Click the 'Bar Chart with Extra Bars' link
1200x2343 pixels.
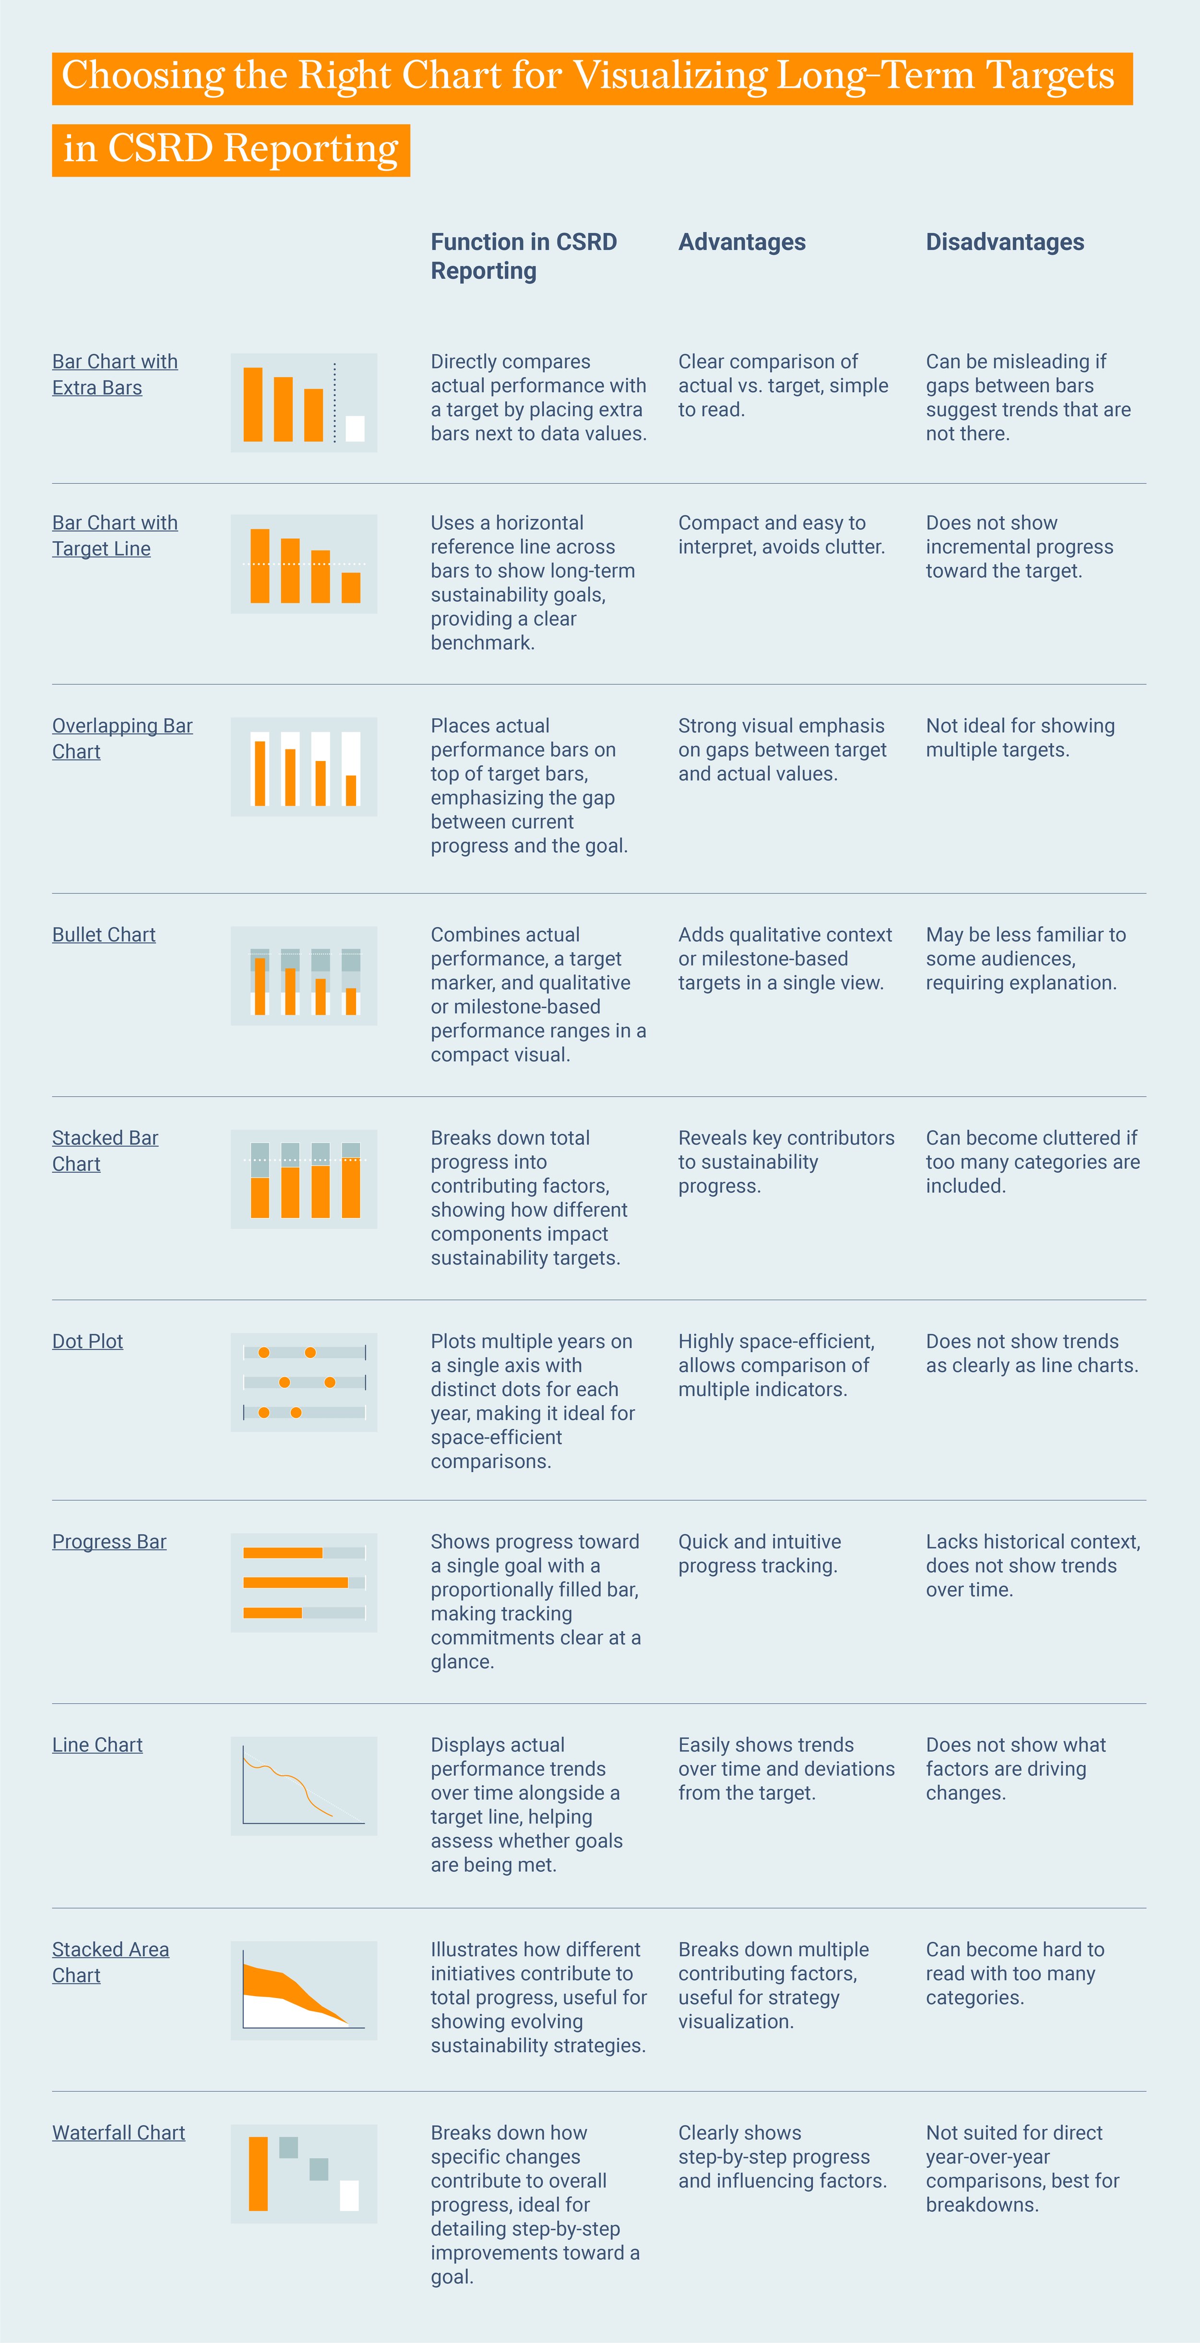pyautogui.click(x=115, y=374)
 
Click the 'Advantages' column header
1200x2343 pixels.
pyautogui.click(x=741, y=242)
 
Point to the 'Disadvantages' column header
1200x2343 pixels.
pyautogui.click(x=1004, y=242)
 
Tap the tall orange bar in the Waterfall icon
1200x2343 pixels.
pyautogui.click(x=259, y=2173)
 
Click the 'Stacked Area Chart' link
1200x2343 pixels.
pyautogui.click(x=110, y=1962)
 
